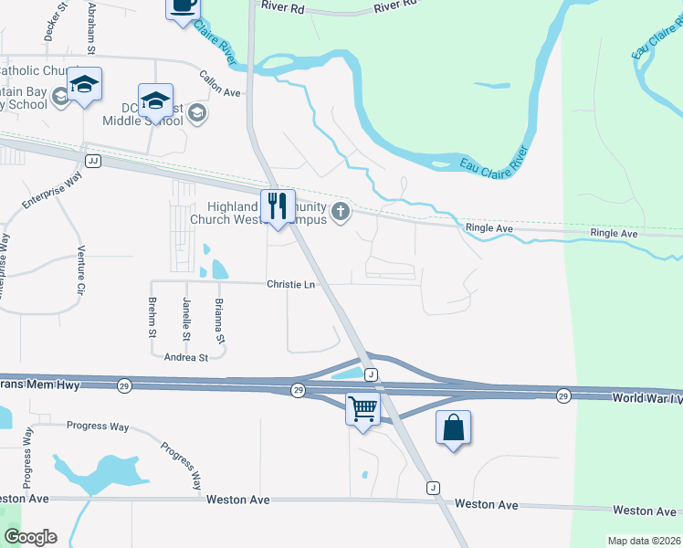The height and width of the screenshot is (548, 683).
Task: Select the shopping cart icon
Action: point(363,408)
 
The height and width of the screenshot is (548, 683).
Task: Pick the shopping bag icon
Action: point(454,427)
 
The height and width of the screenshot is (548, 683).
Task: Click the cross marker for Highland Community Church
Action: point(341,212)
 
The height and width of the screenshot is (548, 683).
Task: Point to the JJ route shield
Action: point(91,161)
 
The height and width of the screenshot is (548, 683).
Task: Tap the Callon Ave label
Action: point(219,85)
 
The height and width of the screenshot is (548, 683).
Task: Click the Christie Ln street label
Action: point(290,285)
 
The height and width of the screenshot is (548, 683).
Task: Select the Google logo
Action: point(30,537)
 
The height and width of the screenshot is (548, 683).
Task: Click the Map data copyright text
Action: point(644,541)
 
